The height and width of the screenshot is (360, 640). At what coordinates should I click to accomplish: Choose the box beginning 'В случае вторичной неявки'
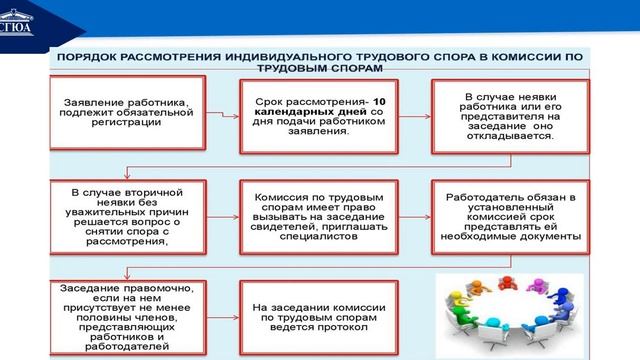point(126,214)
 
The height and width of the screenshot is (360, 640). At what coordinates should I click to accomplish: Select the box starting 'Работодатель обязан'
point(509,214)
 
